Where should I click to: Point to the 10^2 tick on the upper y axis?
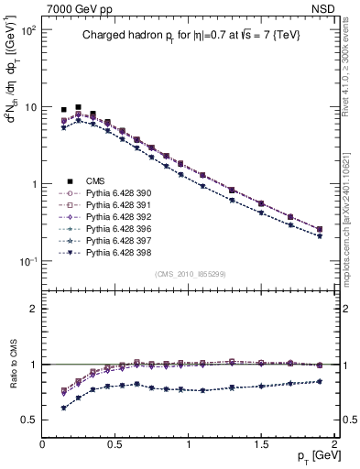coord(29,30)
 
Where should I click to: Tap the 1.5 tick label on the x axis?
coord(261,445)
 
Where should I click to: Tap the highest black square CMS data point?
coord(78,107)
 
